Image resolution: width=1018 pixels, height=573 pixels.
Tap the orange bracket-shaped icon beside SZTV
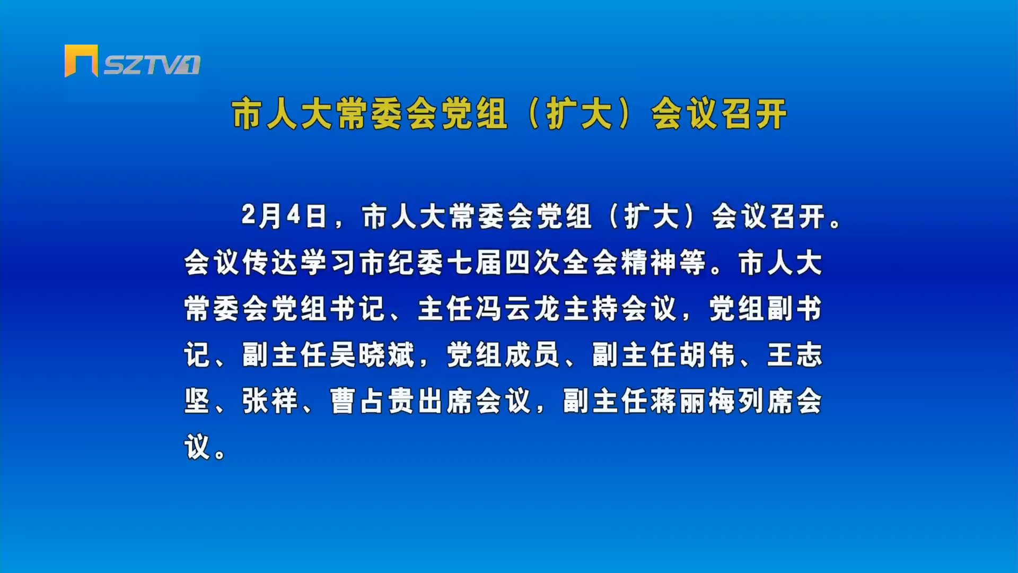(81, 60)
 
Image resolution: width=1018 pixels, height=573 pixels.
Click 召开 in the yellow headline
(753, 114)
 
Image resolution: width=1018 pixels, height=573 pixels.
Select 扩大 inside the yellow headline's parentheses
(580, 114)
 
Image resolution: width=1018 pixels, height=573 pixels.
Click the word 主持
(591, 309)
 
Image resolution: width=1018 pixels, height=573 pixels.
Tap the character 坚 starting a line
(198, 401)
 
